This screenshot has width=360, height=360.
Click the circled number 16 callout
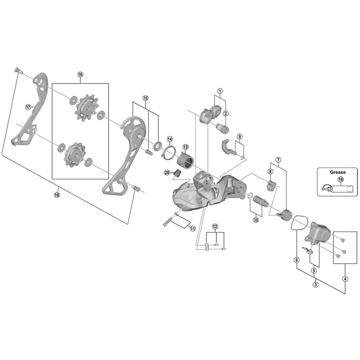click(x=80, y=75)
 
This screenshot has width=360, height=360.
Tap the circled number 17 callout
click(x=28, y=107)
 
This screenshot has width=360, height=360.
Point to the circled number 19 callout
click(x=340, y=180)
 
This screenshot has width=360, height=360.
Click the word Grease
click(x=337, y=172)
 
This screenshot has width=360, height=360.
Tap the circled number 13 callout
click(x=185, y=146)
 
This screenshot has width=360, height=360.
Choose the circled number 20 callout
click(x=167, y=172)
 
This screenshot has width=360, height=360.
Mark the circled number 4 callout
click(x=346, y=279)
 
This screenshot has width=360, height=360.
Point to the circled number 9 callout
click(x=239, y=136)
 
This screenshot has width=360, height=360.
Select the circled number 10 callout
click(x=256, y=220)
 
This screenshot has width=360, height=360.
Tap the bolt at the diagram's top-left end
click(x=18, y=70)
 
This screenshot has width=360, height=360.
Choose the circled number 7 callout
click(x=278, y=160)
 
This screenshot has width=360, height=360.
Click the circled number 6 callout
click(x=297, y=260)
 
